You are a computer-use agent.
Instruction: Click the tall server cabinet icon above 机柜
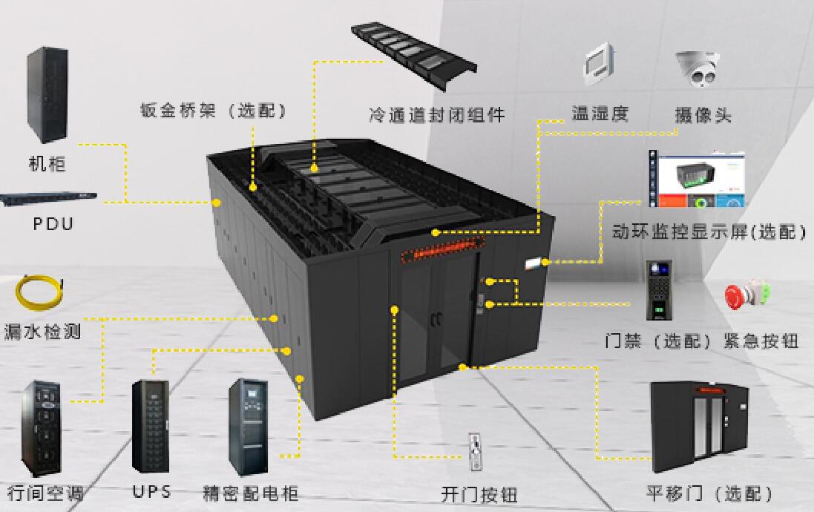coord(47,95)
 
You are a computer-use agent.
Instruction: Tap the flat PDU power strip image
coord(47,199)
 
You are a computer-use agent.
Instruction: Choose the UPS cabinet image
coord(150,426)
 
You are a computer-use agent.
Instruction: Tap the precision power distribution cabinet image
coord(248,426)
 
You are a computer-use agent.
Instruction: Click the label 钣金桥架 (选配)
coord(213,111)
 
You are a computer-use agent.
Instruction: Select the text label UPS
coord(152,491)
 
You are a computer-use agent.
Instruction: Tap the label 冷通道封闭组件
coord(437,115)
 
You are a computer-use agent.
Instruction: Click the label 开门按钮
coord(479,494)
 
